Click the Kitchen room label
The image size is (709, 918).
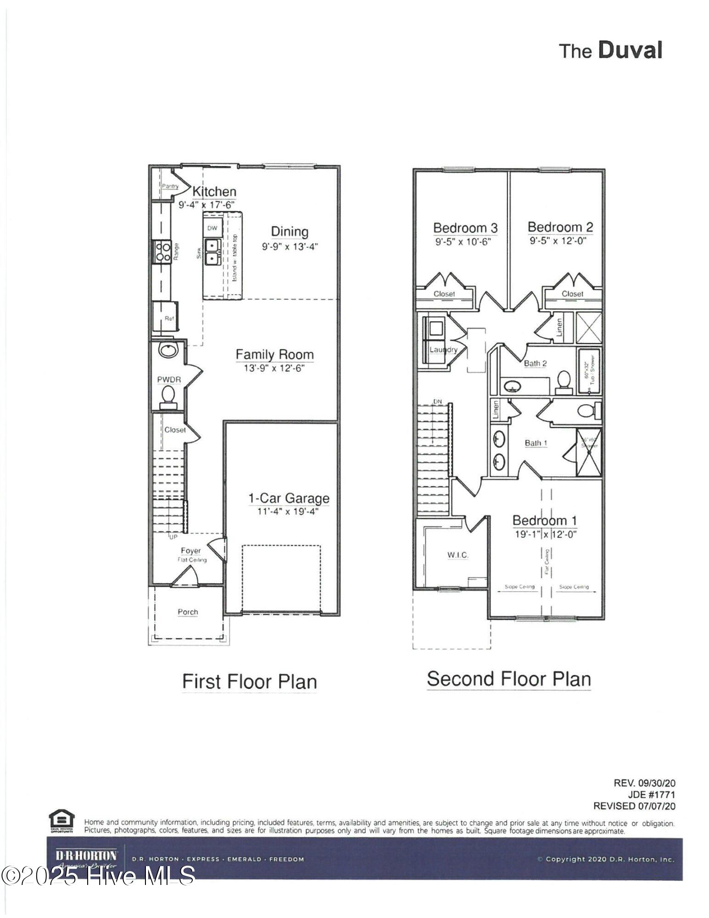214,191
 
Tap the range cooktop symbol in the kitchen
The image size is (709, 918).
162,252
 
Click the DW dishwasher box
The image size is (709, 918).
212,228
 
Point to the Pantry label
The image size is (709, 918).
170,186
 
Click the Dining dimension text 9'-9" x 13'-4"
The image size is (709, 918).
290,246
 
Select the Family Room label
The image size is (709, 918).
274,354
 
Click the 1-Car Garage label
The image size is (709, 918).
289,498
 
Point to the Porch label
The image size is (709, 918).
188,612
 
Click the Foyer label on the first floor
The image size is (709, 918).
190,550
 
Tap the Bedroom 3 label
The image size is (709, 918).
465,228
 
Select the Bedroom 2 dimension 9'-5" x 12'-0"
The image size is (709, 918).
558,241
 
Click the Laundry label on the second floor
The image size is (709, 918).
443,350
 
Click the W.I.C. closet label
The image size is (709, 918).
458,555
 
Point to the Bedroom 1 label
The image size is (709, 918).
544,521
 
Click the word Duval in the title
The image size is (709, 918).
630,50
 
